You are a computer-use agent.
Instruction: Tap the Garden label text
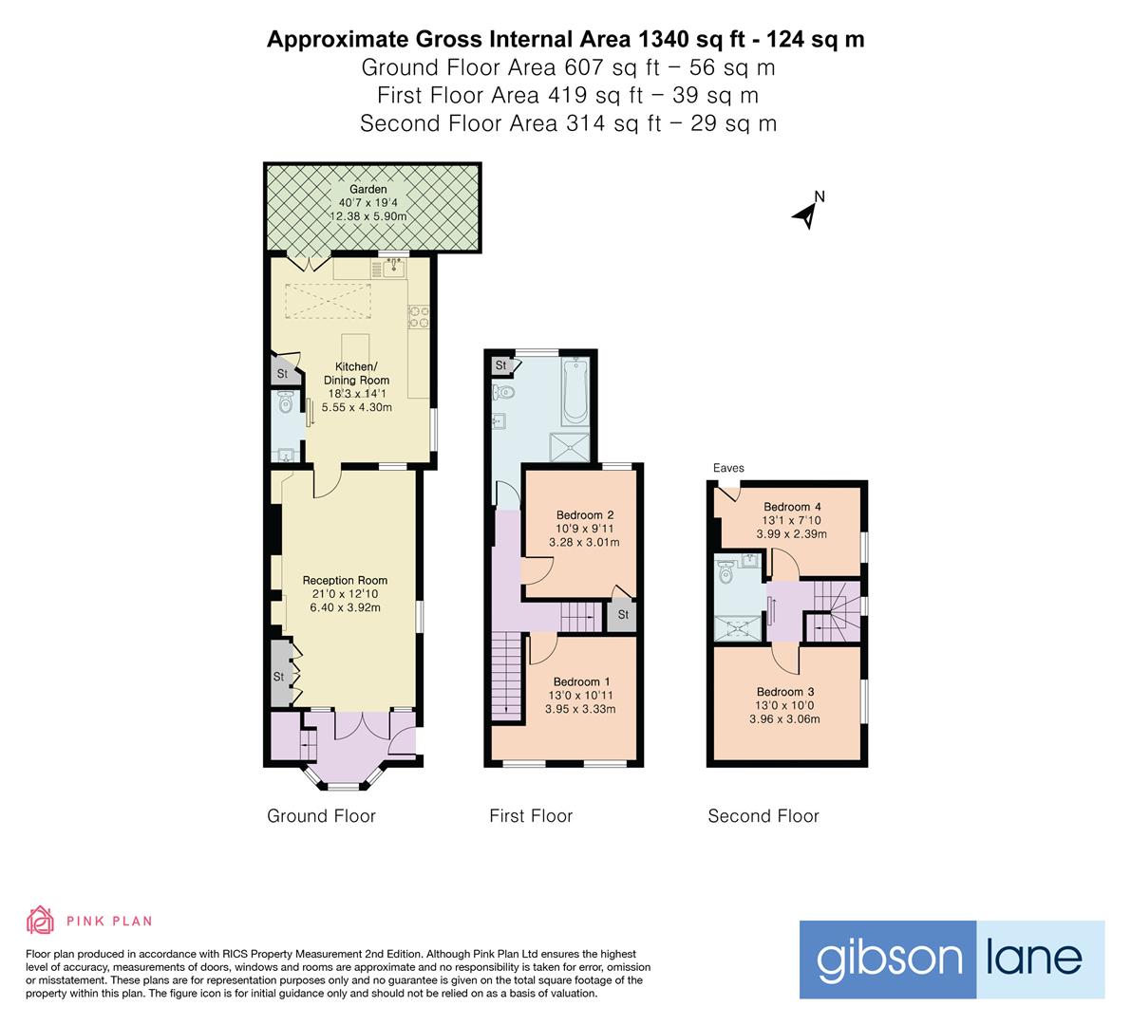tap(368, 190)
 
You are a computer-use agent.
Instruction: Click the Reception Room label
tap(345, 580)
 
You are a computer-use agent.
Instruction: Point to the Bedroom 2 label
tap(584, 515)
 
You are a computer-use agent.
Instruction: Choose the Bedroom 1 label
tap(581, 681)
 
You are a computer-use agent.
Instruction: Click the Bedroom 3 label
tap(785, 692)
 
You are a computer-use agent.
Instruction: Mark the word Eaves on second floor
tap(729, 468)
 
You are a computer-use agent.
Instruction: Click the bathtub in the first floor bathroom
tap(575, 390)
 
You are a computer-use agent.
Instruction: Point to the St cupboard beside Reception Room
tap(280, 676)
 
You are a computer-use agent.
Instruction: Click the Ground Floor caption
tap(321, 816)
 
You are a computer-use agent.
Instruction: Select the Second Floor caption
tap(763, 816)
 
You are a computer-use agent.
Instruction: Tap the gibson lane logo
tap(951, 959)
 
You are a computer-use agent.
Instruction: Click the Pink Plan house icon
tap(41, 920)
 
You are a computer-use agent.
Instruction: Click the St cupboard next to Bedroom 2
tap(622, 614)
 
